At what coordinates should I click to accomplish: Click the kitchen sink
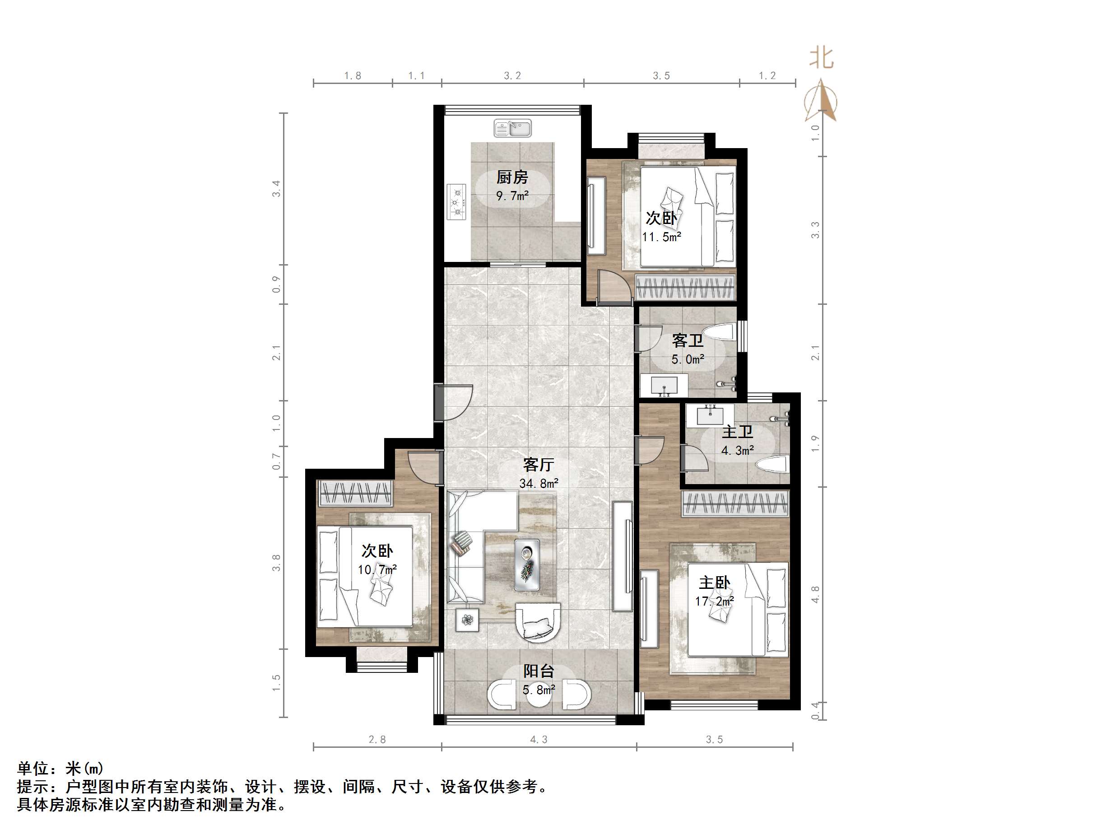tap(512, 128)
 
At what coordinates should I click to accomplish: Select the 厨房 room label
tap(512, 177)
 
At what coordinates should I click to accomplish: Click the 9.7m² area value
tap(512, 196)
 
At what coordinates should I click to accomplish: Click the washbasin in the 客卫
tap(664, 387)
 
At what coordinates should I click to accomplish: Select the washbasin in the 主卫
tap(710, 416)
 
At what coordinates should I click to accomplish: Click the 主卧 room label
tap(714, 583)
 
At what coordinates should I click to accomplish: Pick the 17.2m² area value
tap(714, 602)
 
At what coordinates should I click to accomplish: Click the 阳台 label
tap(539, 671)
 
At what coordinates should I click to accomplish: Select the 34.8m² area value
tap(539, 484)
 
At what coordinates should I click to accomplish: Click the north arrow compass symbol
tap(821, 100)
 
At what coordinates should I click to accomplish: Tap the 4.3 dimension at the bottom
tap(539, 739)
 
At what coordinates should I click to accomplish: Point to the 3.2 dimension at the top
tap(512, 75)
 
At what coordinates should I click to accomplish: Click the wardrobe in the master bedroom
tap(735, 504)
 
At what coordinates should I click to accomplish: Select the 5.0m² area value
tap(688, 359)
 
